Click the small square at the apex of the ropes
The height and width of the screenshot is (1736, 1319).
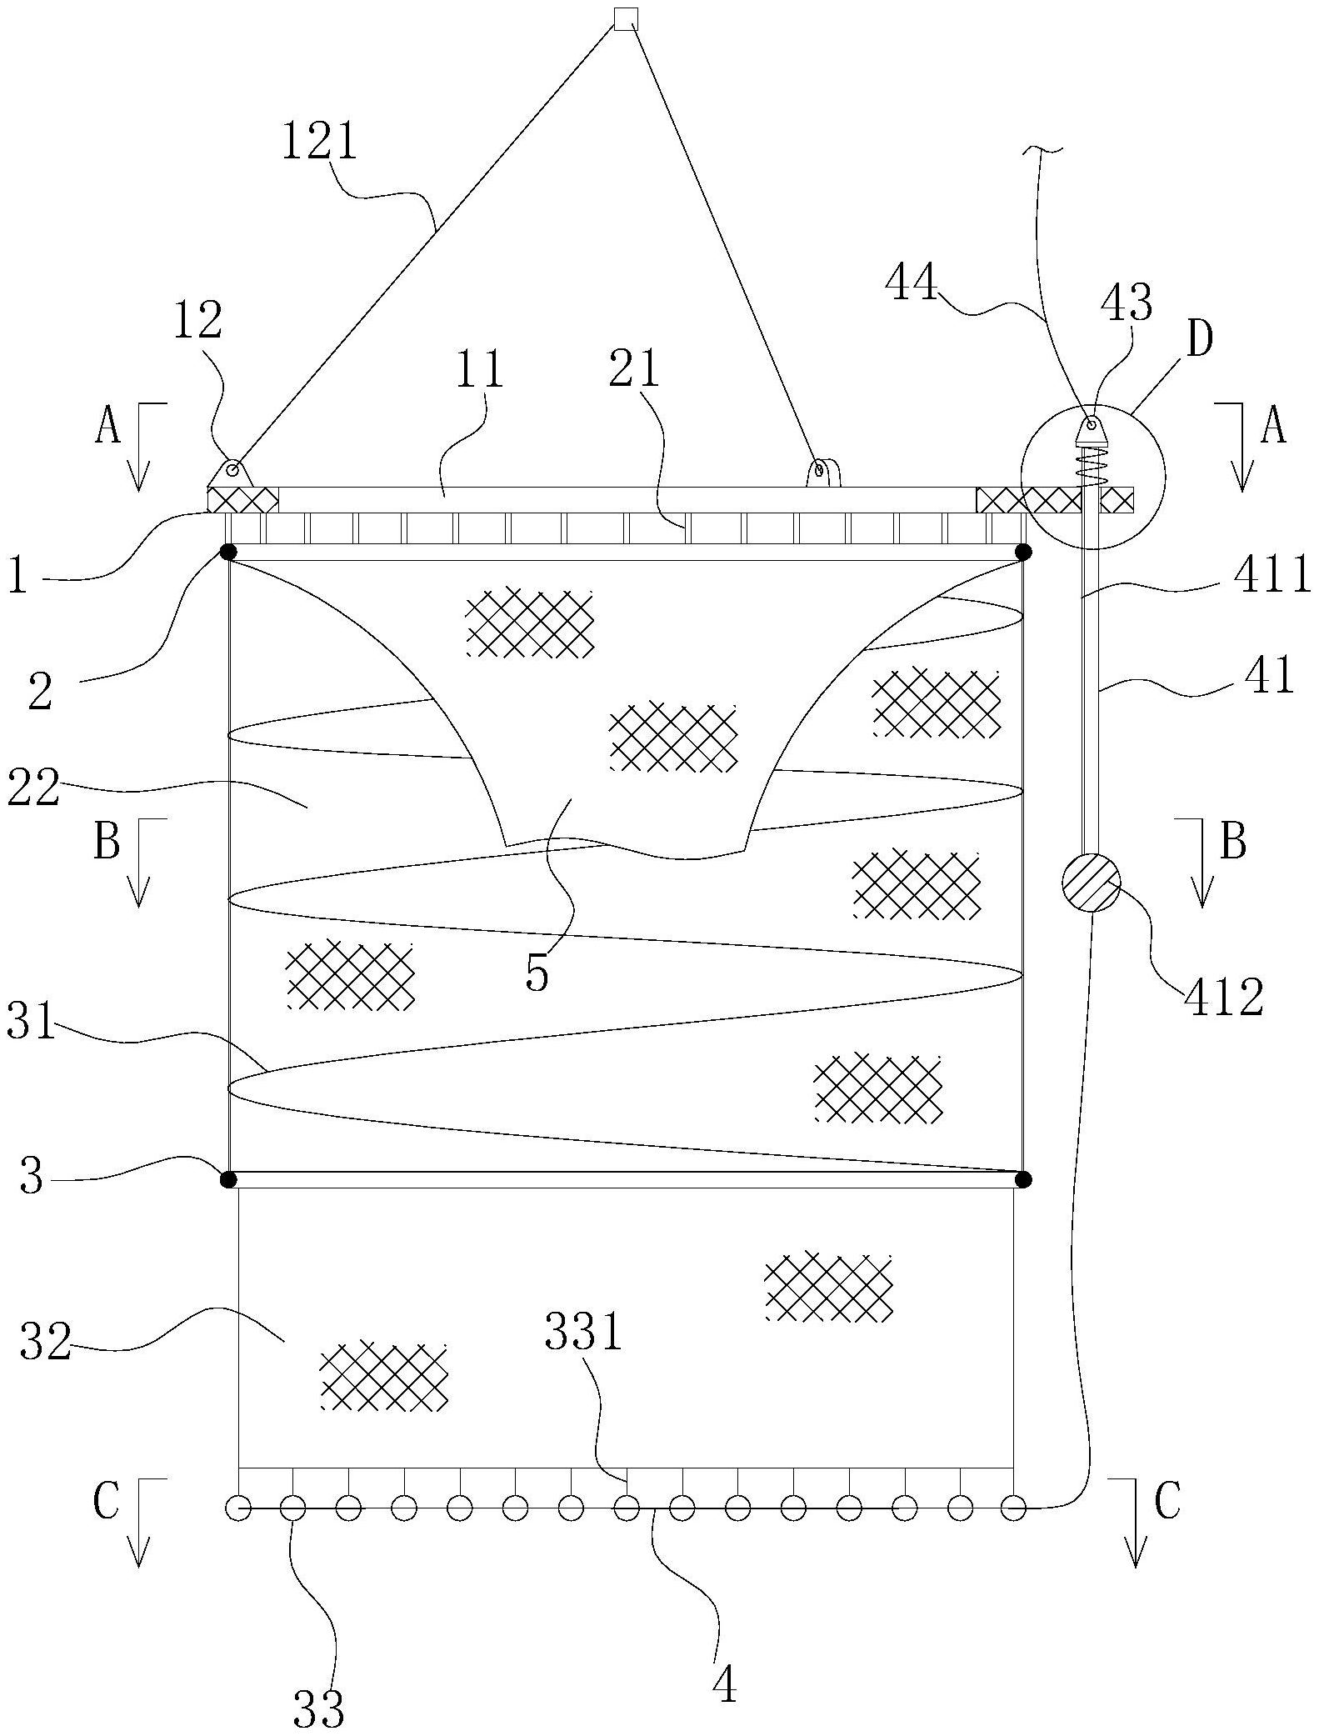(625, 18)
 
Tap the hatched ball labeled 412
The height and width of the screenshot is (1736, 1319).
(1091, 882)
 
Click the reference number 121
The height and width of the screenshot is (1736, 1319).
(319, 141)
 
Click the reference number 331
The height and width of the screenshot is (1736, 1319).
(583, 1332)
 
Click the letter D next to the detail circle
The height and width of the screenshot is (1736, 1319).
(1199, 341)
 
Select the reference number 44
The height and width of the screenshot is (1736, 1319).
(912, 283)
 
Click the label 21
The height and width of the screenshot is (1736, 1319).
(634, 368)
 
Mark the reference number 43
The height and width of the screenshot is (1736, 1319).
(1127, 303)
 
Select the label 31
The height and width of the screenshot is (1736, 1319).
(31, 1023)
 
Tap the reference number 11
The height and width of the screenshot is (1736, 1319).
(482, 368)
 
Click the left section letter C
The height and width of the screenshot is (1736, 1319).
(106, 1501)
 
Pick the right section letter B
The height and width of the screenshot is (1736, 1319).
(1233, 842)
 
